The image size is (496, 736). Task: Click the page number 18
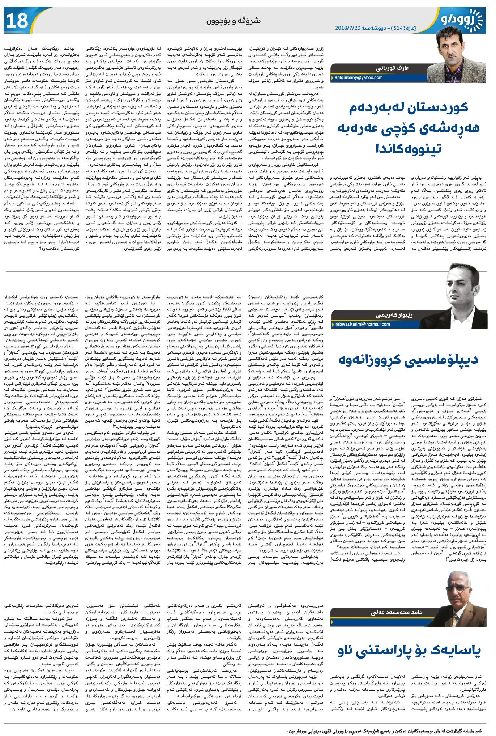(17, 20)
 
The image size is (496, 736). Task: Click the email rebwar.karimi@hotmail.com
(362, 324)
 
